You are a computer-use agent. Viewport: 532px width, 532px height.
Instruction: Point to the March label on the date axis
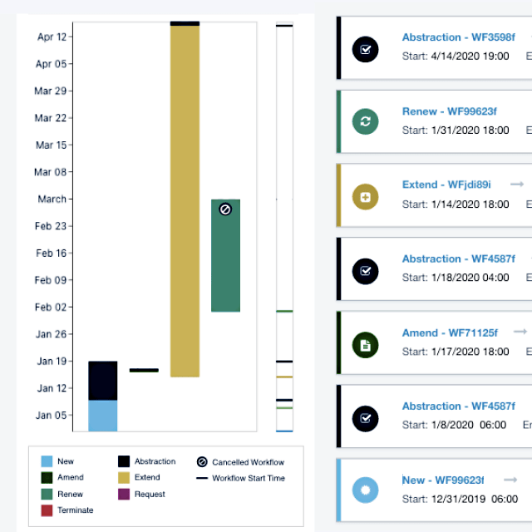[52, 199]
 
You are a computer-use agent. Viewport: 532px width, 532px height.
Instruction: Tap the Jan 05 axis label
[52, 416]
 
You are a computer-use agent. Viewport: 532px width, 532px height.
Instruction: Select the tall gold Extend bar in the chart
[185, 199]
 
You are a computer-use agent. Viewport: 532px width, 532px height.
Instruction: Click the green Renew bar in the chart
[225, 266]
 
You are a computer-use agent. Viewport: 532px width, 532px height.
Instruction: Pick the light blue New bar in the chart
[102, 416]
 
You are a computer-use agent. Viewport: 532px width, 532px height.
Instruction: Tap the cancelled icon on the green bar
[224, 210]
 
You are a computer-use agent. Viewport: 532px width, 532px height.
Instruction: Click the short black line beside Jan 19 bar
[144, 370]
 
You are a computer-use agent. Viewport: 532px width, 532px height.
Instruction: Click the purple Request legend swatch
[123, 495]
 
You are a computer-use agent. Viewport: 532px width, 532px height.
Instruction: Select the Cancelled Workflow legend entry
[247, 462]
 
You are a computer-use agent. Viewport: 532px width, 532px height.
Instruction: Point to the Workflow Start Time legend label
[248, 478]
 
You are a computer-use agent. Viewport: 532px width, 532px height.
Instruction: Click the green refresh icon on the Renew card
[365, 122]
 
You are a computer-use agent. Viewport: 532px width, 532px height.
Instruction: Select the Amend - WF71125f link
[450, 332]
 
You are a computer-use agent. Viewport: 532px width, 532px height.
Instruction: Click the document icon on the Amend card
[365, 344]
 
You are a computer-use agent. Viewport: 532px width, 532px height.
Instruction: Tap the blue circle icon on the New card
[365, 490]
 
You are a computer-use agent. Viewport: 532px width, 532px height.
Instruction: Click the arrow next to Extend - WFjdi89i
[517, 184]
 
